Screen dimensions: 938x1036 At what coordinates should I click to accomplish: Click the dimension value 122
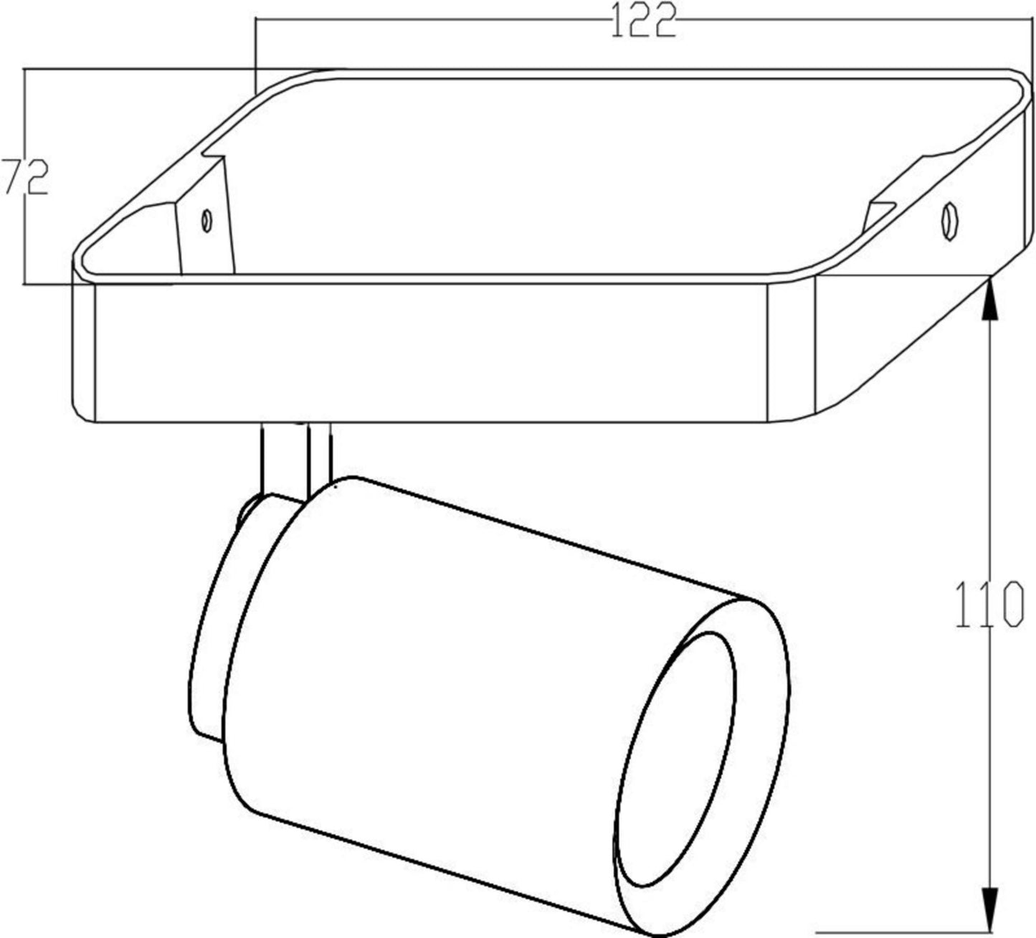[643, 21]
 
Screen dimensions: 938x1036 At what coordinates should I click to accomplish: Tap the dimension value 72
[25, 178]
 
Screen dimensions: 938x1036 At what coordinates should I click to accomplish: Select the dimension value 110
[989, 604]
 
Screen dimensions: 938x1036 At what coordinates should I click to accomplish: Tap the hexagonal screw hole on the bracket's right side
[949, 222]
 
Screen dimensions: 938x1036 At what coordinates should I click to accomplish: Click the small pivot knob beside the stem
[247, 513]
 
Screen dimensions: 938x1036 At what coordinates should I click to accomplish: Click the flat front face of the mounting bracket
[430, 351]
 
